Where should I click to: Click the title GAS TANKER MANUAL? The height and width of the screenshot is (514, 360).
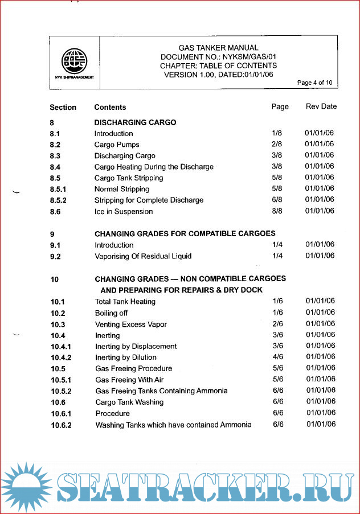tap(218, 48)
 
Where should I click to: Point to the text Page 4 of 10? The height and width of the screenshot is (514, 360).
tap(314, 83)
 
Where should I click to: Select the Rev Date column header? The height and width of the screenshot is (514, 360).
tap(321, 106)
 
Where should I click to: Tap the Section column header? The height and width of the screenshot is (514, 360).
tap(63, 107)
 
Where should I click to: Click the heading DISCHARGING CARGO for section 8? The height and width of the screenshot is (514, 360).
tap(135, 122)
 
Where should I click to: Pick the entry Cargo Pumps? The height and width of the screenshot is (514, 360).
tap(117, 145)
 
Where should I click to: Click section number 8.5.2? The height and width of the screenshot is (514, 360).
tap(59, 200)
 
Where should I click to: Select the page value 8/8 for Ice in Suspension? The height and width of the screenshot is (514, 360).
tap(277, 211)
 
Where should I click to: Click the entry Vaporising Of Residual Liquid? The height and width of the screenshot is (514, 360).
tap(143, 256)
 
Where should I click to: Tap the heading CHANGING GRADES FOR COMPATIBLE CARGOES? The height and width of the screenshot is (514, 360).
tap(185, 234)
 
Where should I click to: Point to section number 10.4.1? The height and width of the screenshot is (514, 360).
tap(61, 347)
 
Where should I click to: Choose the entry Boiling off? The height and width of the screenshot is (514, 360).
tap(111, 313)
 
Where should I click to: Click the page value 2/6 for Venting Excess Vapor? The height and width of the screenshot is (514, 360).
tap(278, 324)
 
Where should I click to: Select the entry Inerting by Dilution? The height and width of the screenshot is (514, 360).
tap(126, 357)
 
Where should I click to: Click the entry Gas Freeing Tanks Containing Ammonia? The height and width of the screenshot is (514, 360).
tap(161, 391)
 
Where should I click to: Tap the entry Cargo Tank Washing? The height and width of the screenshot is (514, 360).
tap(129, 402)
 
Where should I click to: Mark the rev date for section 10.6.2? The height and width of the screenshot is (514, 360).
tap(321, 424)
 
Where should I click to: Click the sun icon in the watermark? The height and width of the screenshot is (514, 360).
tap(26, 488)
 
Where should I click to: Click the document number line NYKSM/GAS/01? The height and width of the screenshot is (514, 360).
tap(218, 57)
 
